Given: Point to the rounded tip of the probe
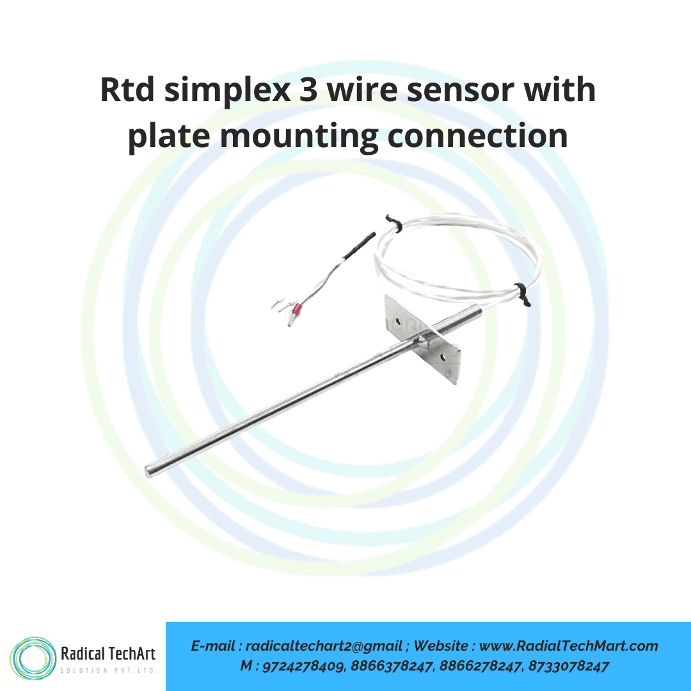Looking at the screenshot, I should [x=150, y=470].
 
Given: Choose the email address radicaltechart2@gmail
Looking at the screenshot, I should [x=324, y=646].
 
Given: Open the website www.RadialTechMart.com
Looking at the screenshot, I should [x=568, y=646].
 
